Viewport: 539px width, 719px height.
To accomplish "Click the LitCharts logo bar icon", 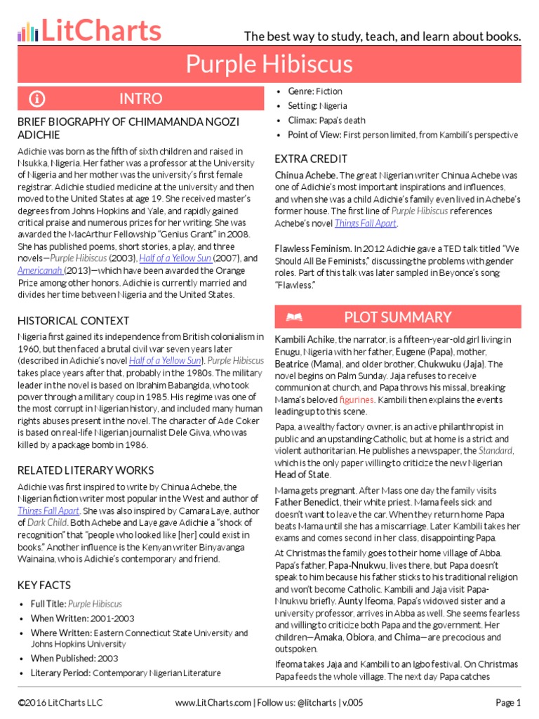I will pos(27,32).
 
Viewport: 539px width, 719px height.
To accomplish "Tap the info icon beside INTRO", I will pos(37,98).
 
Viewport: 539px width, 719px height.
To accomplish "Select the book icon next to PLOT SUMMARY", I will pos(293,317).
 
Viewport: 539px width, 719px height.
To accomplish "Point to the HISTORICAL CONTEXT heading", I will pos(74,320).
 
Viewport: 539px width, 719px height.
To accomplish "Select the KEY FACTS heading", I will pos(44,584).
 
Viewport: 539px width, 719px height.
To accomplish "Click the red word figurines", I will pos(357,400).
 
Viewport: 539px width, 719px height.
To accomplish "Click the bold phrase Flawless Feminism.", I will pos(312,248).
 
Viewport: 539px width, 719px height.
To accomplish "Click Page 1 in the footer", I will pos(508,702).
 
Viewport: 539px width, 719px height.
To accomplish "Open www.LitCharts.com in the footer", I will pos(213,702).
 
